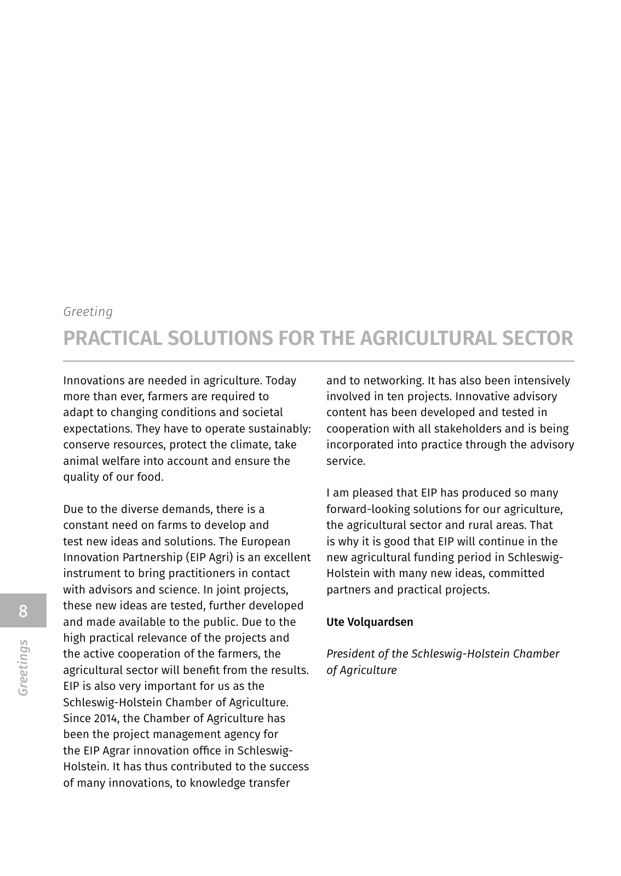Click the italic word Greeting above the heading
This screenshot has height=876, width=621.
88,312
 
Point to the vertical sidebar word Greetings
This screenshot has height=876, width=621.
23,667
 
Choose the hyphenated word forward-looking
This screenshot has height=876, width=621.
367,509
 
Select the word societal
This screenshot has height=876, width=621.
262,412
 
